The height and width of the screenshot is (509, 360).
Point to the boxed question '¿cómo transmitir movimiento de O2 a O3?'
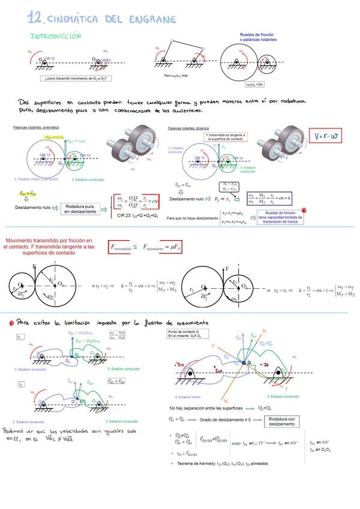click(77, 78)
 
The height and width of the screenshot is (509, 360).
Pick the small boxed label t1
click(21, 337)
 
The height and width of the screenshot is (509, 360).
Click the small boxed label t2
click(21, 384)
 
